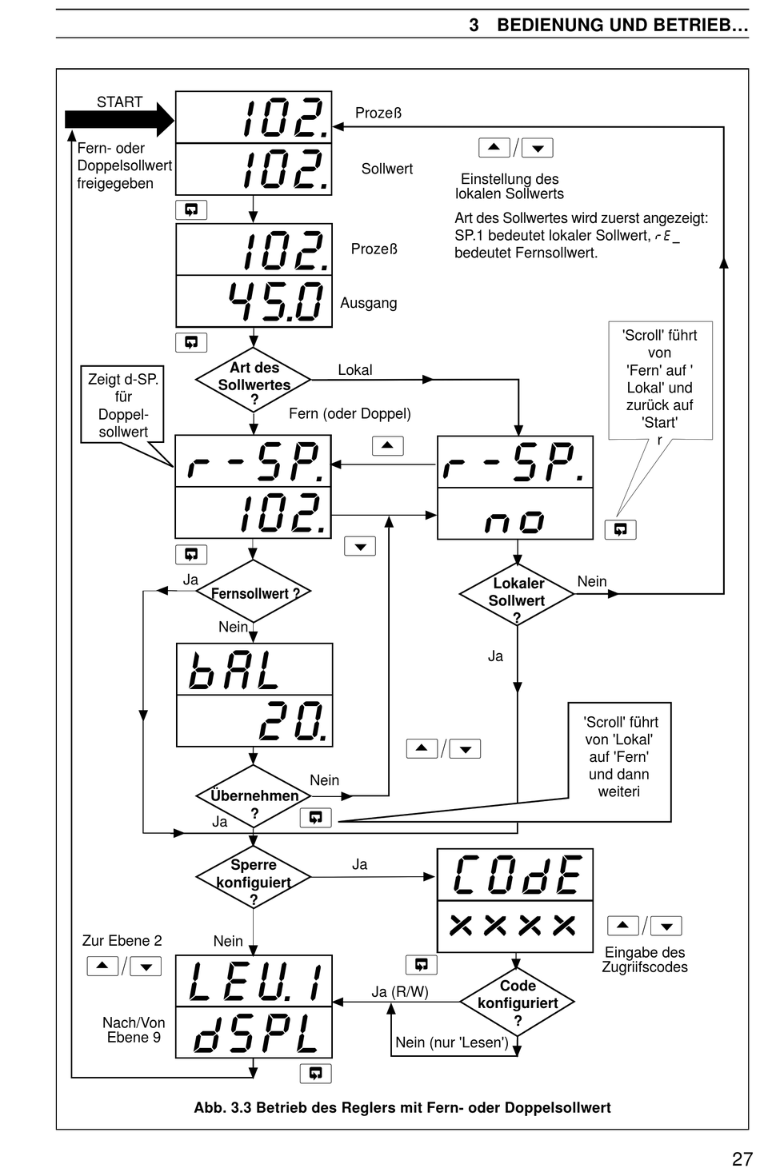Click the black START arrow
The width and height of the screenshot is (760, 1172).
(119, 119)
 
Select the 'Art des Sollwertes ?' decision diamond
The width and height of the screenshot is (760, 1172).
(254, 381)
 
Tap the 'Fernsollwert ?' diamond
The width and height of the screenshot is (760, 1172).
(254, 592)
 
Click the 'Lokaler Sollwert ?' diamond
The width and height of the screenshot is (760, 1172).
(517, 594)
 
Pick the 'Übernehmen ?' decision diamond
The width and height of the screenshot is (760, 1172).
(254, 796)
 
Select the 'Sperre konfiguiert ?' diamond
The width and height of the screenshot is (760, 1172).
(254, 877)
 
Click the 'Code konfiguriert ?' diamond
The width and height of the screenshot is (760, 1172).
(517, 1002)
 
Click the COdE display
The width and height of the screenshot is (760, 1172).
(515, 875)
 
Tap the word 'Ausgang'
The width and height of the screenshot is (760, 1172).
(369, 303)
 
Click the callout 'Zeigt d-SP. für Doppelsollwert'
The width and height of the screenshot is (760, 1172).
(122, 405)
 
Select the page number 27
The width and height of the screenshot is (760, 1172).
(742, 1159)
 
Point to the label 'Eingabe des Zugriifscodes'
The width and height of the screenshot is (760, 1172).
(645, 959)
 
